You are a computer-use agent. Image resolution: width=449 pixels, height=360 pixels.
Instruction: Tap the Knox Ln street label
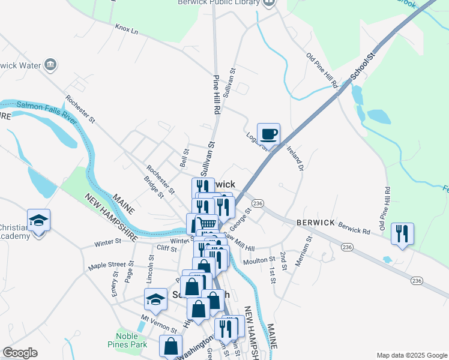pos(127,29)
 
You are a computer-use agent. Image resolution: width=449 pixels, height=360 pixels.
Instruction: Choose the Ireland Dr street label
pos(294,158)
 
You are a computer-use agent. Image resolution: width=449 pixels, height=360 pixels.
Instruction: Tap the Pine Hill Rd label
pos(217,95)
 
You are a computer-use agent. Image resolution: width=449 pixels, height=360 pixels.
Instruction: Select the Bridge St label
pos(154,186)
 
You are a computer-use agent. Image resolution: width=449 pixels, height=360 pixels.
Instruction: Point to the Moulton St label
pos(259,262)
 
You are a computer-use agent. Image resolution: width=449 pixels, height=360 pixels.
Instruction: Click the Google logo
pos(20,353)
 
